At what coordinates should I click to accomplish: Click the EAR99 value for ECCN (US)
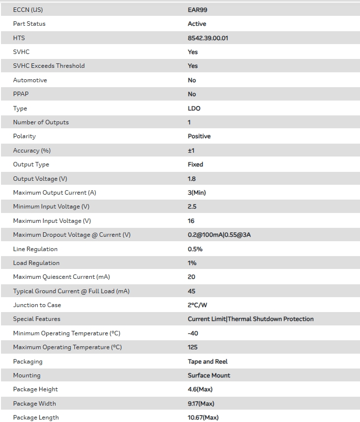[x=197, y=9]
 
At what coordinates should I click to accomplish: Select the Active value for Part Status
[x=197, y=24]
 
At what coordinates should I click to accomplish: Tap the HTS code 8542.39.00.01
[x=208, y=38]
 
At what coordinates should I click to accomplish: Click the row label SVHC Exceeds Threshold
[x=49, y=66]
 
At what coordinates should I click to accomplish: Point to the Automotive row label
[x=30, y=80]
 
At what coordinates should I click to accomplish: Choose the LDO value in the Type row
[x=194, y=108]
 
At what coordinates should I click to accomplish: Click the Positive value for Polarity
[x=199, y=136]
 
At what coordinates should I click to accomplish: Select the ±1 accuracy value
[x=191, y=151]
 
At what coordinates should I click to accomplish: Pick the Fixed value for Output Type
[x=195, y=164]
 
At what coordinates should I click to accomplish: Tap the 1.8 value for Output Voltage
[x=191, y=179]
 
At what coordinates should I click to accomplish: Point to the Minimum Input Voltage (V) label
[x=51, y=207]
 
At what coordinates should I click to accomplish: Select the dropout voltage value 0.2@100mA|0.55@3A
[x=219, y=235]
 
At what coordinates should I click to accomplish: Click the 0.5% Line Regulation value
[x=195, y=249]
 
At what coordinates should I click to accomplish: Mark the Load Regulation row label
[x=36, y=263]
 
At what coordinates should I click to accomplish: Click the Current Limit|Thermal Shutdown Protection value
[x=250, y=319]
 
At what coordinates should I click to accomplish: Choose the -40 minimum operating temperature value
[x=193, y=333]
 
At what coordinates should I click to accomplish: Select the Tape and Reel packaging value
[x=207, y=362]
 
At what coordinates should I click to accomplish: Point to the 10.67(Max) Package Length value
[x=203, y=418]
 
